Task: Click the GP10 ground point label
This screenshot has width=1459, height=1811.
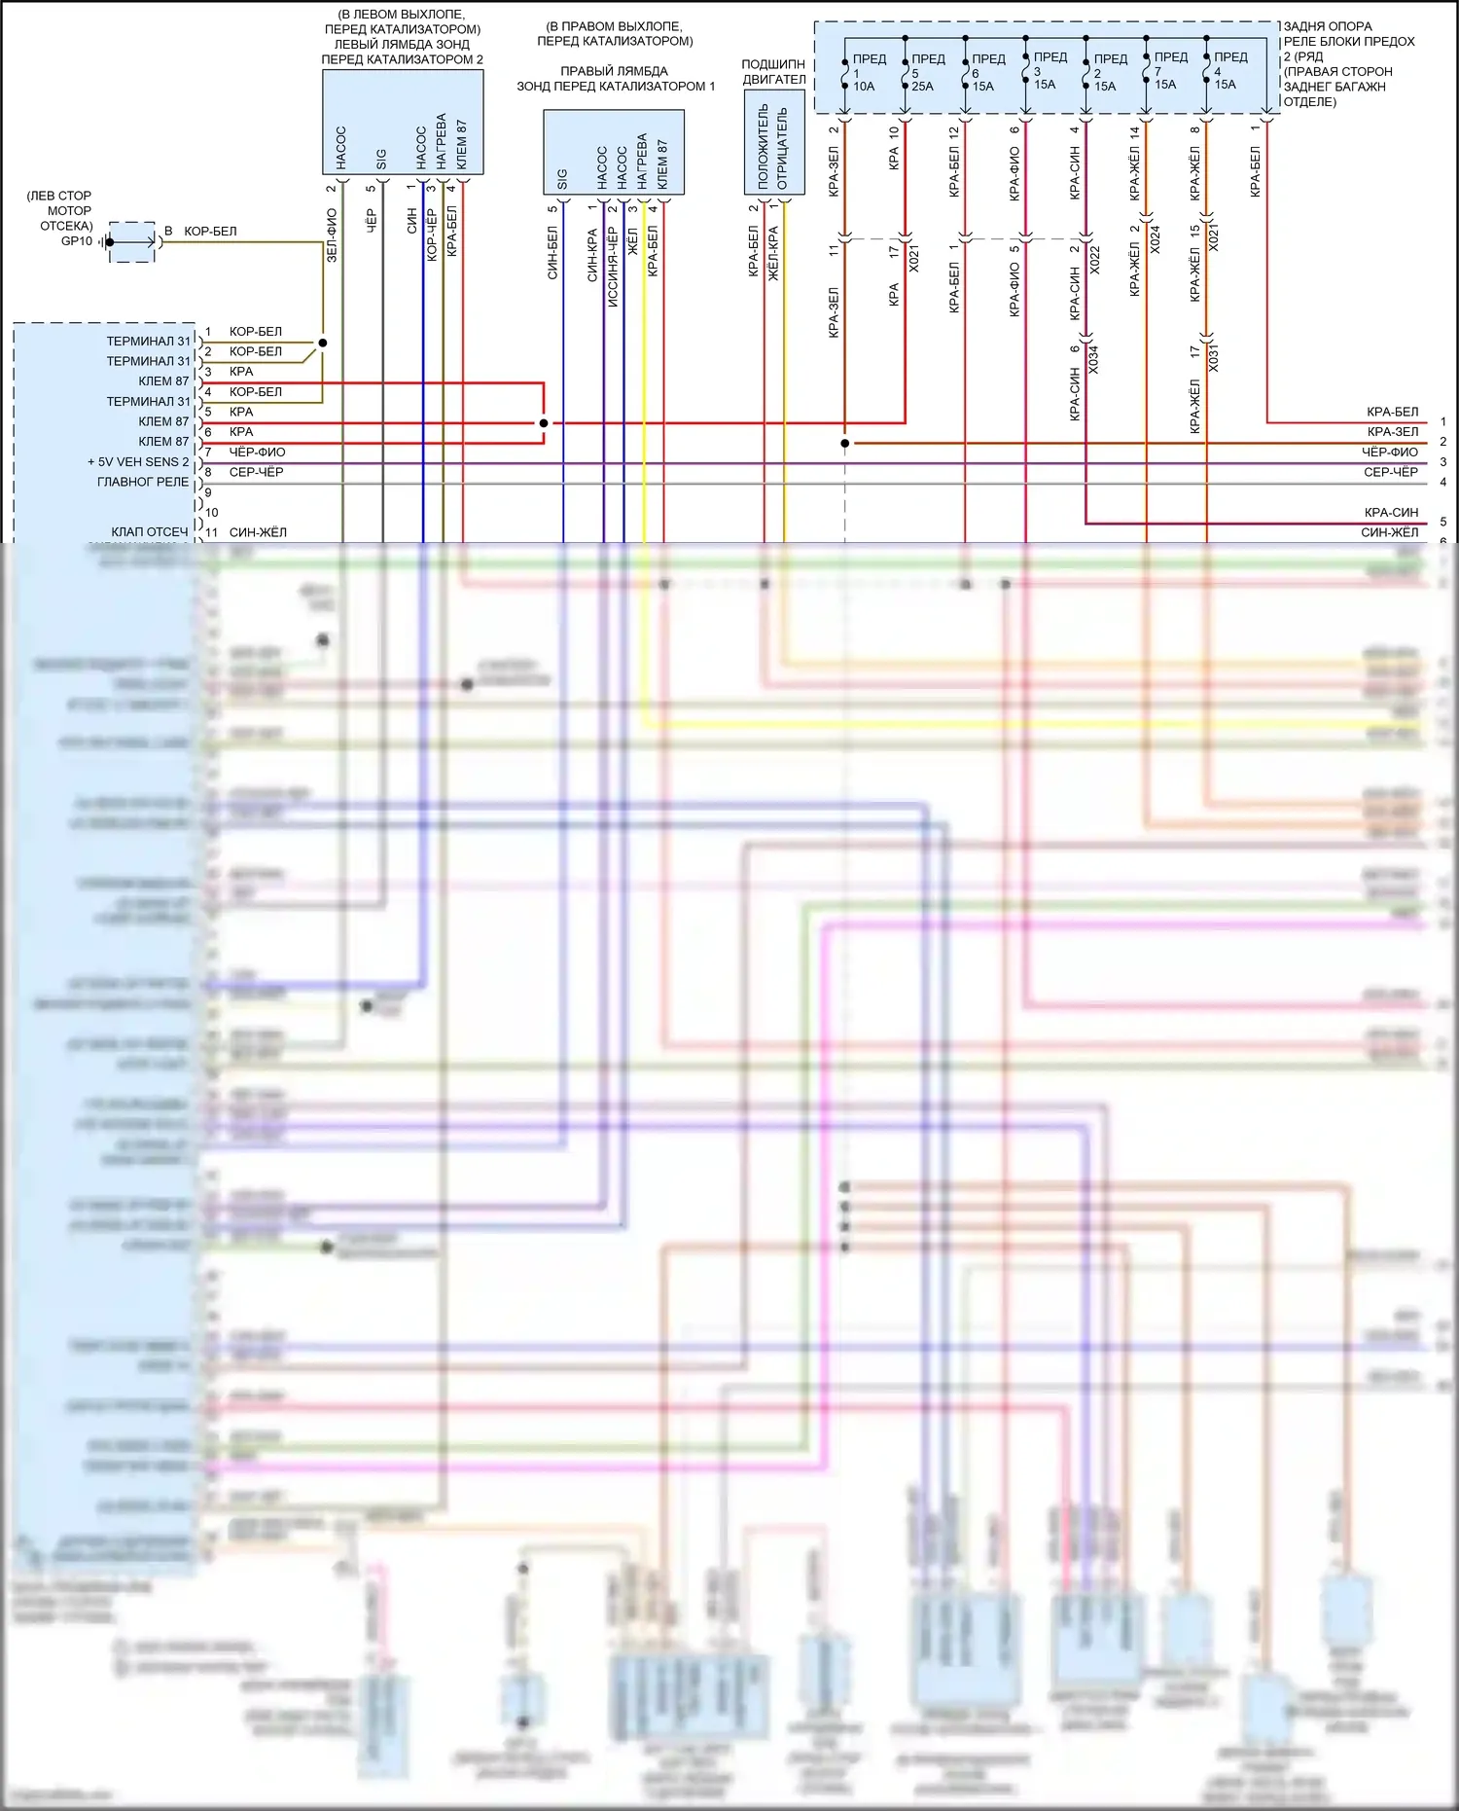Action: pyautogui.click(x=77, y=241)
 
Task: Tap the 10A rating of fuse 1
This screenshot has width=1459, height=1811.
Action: pyautogui.click(x=864, y=87)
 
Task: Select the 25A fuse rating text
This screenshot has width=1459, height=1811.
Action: pyautogui.click(x=922, y=87)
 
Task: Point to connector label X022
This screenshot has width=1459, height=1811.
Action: pyautogui.click(x=1095, y=259)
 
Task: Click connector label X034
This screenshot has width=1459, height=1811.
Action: pyautogui.click(x=1093, y=359)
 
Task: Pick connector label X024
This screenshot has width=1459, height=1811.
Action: pyautogui.click(x=1156, y=239)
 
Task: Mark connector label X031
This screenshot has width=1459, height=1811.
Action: pyautogui.click(x=1214, y=358)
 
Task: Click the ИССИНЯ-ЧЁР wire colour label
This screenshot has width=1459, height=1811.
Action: pyautogui.click(x=613, y=268)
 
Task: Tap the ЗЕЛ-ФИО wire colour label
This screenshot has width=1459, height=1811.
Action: pyautogui.click(x=332, y=235)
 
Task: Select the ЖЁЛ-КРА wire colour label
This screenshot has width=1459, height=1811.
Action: pyautogui.click(x=774, y=254)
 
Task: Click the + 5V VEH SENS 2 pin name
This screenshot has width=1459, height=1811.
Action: pyautogui.click(x=138, y=462)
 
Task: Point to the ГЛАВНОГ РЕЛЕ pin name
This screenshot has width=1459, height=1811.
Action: pyautogui.click(x=143, y=482)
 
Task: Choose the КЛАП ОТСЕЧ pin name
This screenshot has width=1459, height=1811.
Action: pyautogui.click(x=150, y=532)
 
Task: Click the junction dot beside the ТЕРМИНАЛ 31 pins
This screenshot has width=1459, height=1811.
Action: pyautogui.click(x=323, y=343)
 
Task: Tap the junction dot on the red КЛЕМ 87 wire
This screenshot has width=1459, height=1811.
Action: pyautogui.click(x=544, y=423)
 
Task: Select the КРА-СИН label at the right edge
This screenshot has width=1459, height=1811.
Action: pyautogui.click(x=1391, y=513)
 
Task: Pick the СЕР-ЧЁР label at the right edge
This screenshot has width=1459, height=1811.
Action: pyautogui.click(x=1391, y=472)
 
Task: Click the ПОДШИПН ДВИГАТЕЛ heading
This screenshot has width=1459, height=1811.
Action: pyautogui.click(x=774, y=72)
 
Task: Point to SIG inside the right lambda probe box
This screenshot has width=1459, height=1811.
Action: pyautogui.click(x=562, y=180)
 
